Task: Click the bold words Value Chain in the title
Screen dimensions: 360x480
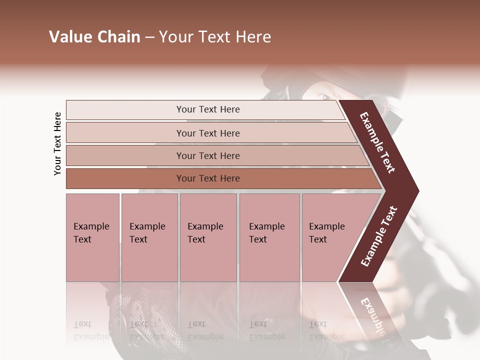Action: (x=94, y=37)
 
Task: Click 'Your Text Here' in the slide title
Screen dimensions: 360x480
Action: (x=215, y=37)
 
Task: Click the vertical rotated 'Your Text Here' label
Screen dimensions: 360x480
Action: (x=57, y=143)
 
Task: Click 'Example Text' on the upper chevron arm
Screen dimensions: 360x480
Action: (x=377, y=142)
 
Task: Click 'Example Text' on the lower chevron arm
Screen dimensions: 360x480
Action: (x=379, y=236)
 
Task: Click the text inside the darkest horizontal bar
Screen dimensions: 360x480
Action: (x=208, y=178)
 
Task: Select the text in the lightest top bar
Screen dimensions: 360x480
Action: (x=208, y=109)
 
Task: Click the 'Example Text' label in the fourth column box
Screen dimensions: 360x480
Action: (x=266, y=232)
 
